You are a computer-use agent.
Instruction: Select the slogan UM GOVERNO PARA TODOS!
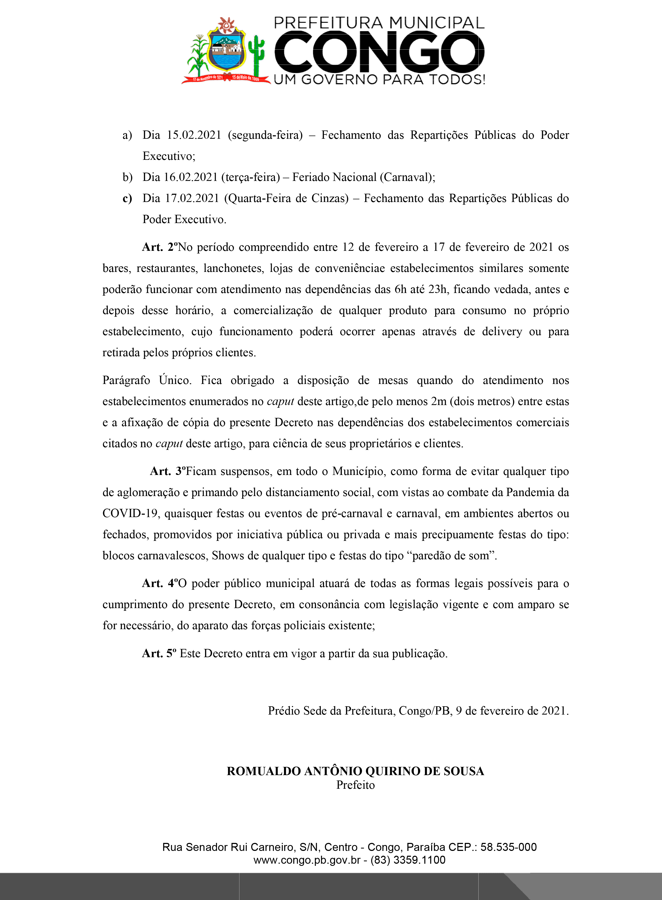click(x=379, y=79)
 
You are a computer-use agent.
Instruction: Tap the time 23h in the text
click(x=438, y=289)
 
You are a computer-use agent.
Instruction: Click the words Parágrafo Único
click(x=147, y=380)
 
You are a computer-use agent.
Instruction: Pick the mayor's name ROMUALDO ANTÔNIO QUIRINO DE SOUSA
click(x=356, y=771)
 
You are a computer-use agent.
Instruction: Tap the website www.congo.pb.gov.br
click(x=307, y=860)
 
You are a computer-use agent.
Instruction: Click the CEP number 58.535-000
click(x=509, y=847)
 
